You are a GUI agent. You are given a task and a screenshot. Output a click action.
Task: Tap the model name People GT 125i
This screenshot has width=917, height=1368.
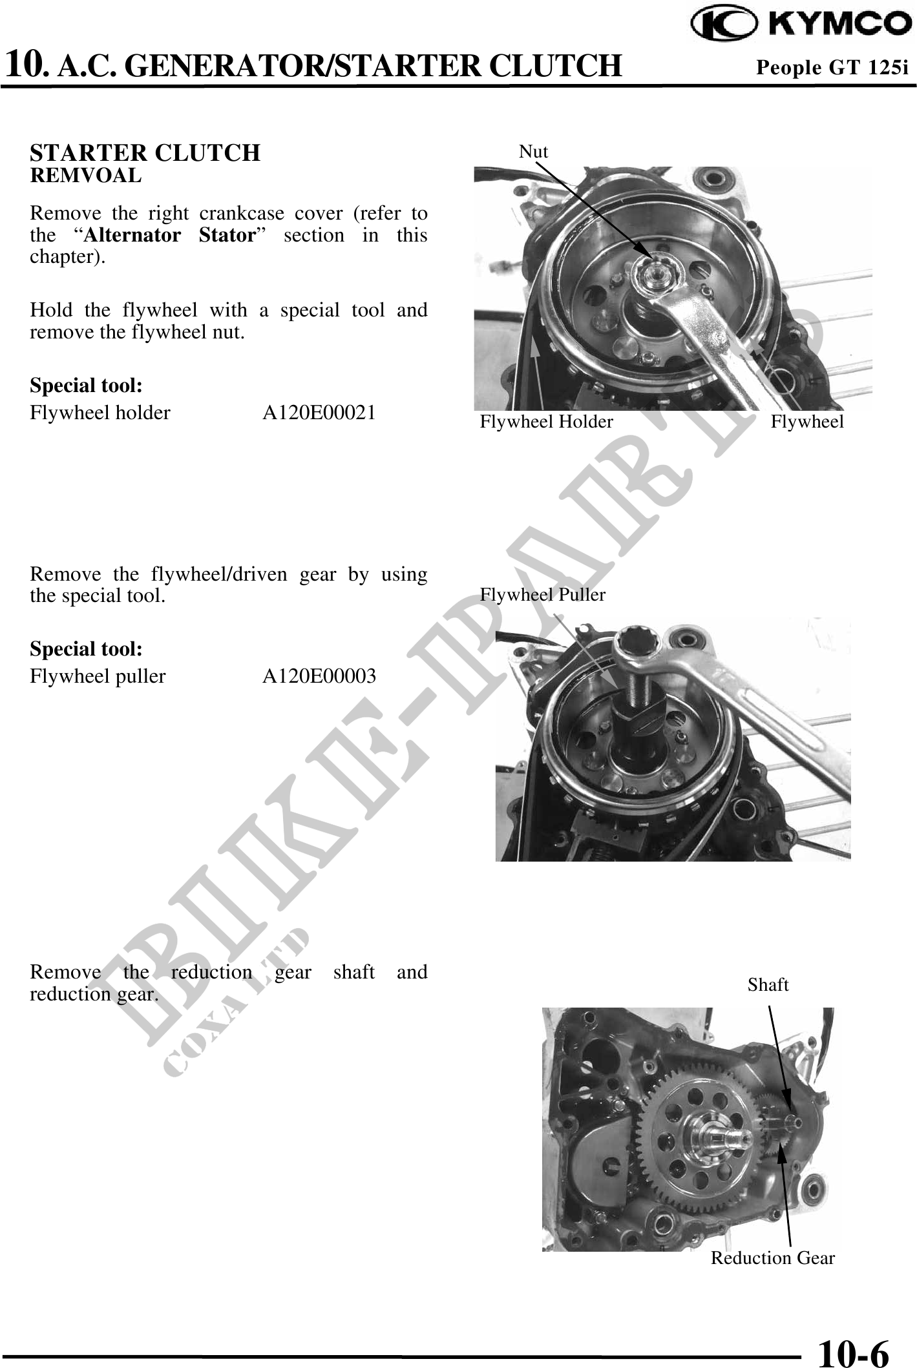[x=832, y=67]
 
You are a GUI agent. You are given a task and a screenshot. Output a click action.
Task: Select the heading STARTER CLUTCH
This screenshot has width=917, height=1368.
[x=145, y=153]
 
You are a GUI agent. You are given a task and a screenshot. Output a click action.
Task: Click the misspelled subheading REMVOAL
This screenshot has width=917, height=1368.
[x=86, y=176]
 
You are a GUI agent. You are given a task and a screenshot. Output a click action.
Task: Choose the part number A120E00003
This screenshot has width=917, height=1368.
[x=319, y=676]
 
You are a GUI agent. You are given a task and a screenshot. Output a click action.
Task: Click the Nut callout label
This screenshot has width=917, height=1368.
[x=533, y=152]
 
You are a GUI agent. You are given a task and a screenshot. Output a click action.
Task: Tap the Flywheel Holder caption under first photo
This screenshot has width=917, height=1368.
[x=546, y=422]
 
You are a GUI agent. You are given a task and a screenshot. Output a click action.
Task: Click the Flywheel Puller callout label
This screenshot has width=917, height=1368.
[x=542, y=595]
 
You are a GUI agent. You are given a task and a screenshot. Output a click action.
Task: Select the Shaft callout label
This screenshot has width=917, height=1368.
[x=768, y=985]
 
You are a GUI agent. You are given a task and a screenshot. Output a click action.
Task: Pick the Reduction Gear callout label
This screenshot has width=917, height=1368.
[x=772, y=1258]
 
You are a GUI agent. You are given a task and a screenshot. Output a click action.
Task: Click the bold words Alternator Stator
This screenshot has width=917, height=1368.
[x=171, y=234]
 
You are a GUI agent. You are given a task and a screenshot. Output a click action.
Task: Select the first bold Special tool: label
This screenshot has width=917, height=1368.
[x=86, y=386]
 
